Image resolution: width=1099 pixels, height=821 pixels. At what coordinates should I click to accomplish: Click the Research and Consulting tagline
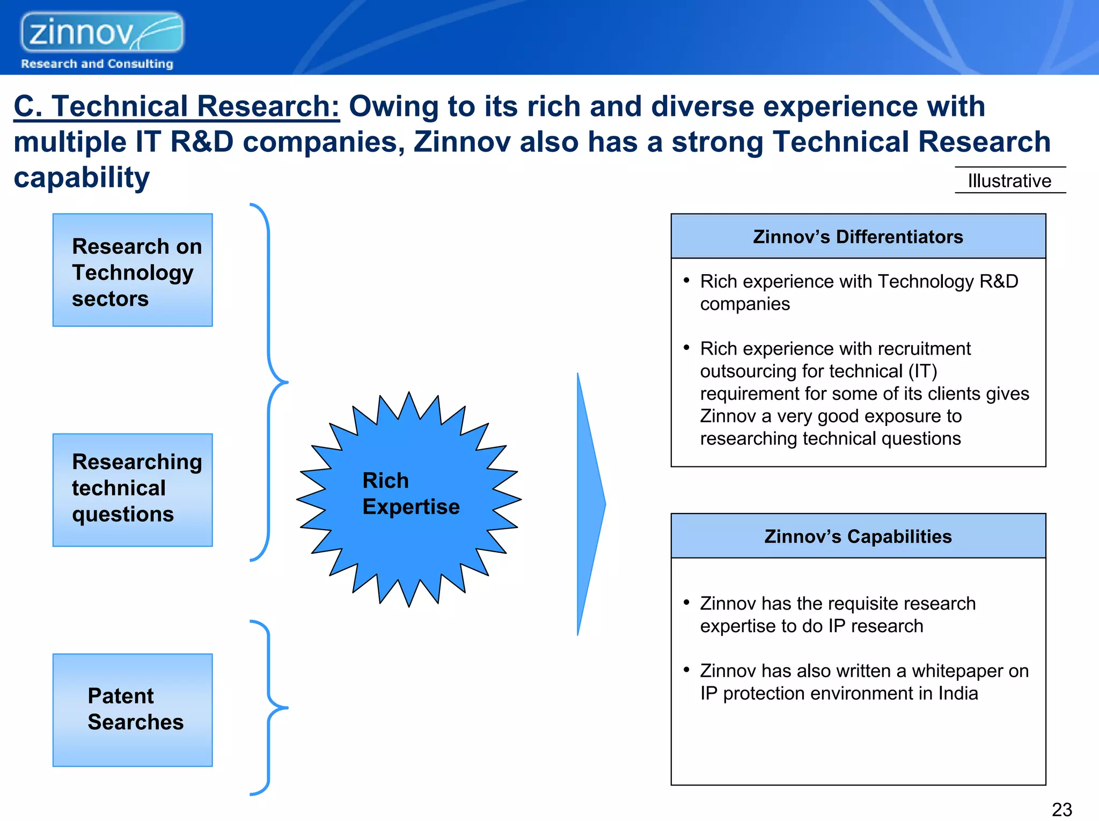97,64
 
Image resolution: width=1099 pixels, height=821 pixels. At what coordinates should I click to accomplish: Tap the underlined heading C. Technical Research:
177,106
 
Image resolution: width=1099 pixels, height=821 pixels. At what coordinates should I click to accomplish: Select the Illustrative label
1009,181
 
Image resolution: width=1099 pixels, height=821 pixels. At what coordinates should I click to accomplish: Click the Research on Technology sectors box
133,270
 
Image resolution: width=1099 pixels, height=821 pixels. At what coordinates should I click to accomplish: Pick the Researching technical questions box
133,490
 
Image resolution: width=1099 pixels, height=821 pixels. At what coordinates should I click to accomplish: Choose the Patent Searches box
133,709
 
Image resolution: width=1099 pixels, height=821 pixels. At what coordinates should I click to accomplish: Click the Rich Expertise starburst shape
409,499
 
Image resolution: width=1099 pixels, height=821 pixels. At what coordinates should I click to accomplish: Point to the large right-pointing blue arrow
590,504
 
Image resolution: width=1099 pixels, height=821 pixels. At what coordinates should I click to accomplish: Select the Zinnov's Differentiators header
858,237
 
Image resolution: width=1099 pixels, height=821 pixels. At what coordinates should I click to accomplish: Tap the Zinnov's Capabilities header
858,536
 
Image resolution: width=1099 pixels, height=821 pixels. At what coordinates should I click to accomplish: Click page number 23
1061,809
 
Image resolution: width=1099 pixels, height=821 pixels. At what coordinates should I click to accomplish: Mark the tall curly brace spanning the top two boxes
269,382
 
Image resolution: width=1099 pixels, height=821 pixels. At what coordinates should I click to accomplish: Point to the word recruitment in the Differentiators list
924,349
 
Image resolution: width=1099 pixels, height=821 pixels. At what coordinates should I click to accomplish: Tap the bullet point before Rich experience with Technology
686,280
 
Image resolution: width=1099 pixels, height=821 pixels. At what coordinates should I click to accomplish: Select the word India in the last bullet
958,693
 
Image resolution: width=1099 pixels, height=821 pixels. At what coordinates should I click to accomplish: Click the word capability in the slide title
82,178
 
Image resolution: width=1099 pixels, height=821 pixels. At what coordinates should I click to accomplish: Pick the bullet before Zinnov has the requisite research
686,602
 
